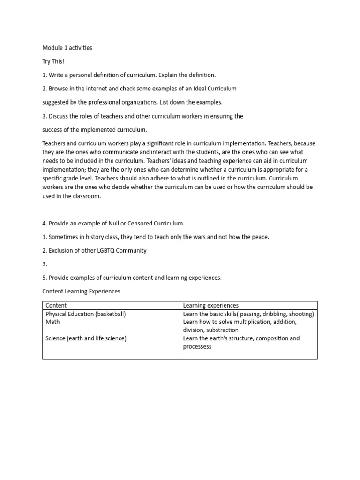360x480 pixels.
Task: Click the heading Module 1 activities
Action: coord(67,48)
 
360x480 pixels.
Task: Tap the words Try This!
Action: coord(53,61)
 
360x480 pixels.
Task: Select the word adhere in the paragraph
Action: coord(120,179)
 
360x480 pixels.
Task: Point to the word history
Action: coord(90,237)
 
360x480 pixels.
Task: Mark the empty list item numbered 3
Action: coord(45,264)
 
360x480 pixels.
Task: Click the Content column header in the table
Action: coord(56,305)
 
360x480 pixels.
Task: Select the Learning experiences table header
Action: coord(210,305)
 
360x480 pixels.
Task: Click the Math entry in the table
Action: coord(52,322)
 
